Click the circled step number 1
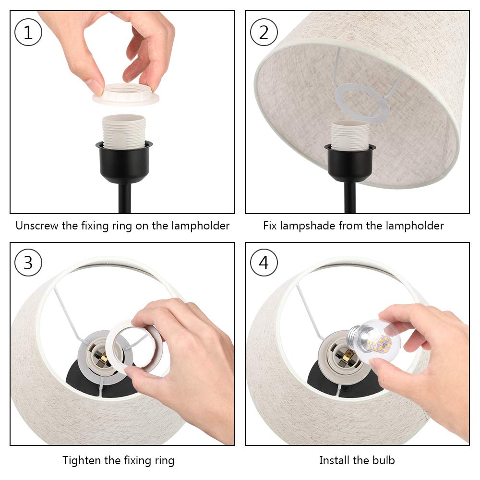[x=28, y=33]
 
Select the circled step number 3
[x=28, y=263]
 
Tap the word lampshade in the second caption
[x=312, y=226]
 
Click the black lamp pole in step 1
[x=124, y=199]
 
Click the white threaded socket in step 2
[x=350, y=134]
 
